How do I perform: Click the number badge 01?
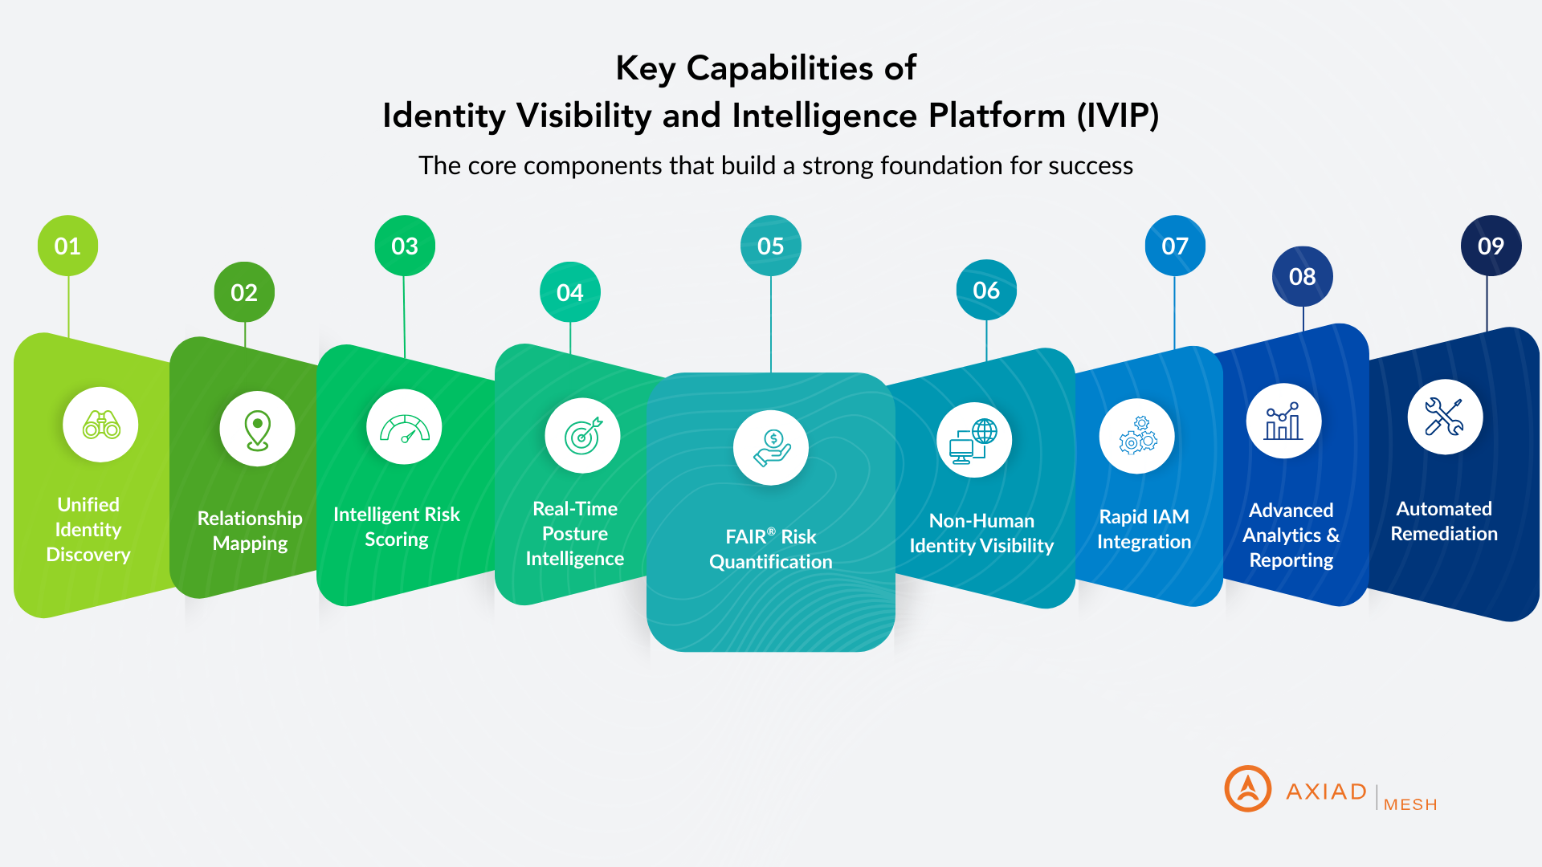pos(68,246)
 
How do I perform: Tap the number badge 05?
pos(770,246)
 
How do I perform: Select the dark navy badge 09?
pos(1491,246)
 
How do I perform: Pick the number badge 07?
pos(1175,246)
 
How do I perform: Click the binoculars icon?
pos(101,425)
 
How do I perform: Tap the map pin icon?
pos(257,429)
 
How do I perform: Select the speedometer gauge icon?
pos(404,428)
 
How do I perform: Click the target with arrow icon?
pos(582,436)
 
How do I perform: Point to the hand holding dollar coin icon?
pos(771,448)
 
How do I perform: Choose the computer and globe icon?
pos(973,441)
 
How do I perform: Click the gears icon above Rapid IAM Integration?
pos(1137,436)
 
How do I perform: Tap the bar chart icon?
pos(1283,421)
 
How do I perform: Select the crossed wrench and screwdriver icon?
pos(1444,417)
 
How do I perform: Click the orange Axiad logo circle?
pos(1247,788)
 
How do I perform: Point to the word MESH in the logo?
pos(1410,804)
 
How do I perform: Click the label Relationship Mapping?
pos(250,531)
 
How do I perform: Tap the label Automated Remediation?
pos(1444,521)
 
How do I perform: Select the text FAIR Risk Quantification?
pos(771,549)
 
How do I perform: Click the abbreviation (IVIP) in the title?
pos(1118,116)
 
